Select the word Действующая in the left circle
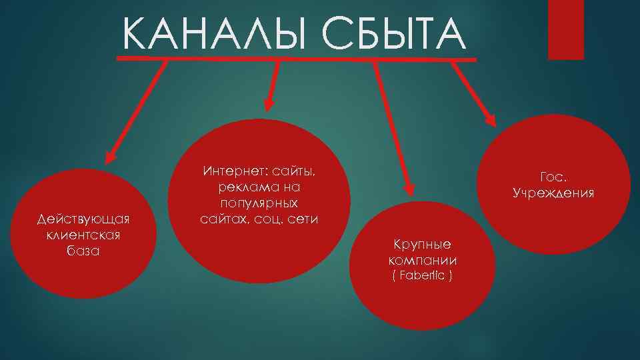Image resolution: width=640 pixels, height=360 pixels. tap(83, 219)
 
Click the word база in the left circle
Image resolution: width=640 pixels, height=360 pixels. tap(83, 251)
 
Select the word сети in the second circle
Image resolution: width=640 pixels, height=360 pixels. tap(303, 218)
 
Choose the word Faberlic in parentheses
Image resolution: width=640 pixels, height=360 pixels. tap(422, 276)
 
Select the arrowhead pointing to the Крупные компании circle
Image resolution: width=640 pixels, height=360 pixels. tap(404, 190)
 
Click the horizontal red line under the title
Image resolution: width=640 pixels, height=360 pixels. tap(297, 59)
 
